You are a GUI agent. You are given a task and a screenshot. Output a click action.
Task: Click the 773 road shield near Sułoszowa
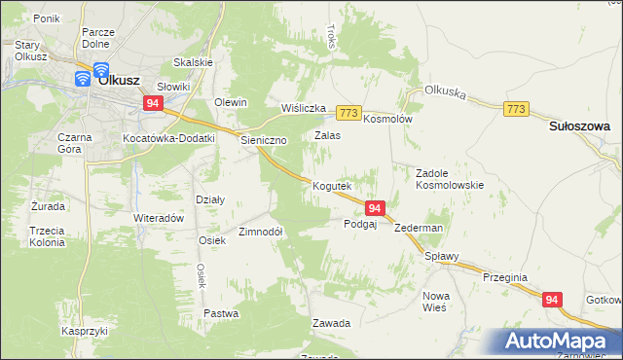(x=517, y=109)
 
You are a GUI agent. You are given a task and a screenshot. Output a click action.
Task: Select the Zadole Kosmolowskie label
(x=450, y=177)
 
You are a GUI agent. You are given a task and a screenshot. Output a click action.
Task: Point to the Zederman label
(x=420, y=228)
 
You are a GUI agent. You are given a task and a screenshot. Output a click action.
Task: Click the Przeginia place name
(x=504, y=277)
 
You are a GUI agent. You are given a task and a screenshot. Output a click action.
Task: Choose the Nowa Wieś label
(x=434, y=301)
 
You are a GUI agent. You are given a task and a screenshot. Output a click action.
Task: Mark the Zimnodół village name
(x=261, y=233)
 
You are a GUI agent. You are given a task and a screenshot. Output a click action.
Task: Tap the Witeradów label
(x=159, y=218)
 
